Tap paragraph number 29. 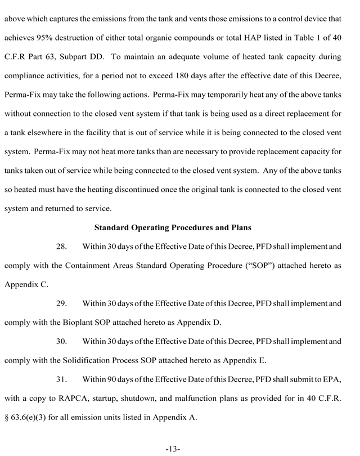(63, 303)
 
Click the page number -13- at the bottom (173, 448)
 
